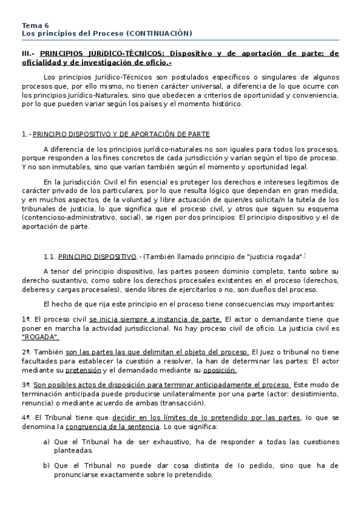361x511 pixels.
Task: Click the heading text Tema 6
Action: point(36,25)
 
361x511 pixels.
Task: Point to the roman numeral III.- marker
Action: point(28,54)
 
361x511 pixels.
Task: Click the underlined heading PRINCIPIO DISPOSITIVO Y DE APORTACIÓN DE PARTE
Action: point(121,134)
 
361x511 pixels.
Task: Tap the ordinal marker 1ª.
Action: point(25,319)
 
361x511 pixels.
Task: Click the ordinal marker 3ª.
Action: point(25,384)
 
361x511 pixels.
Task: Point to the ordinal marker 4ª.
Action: point(25,416)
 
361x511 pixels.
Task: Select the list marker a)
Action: point(46,442)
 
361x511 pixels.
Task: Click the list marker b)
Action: point(46,466)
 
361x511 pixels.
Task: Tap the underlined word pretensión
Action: point(83,370)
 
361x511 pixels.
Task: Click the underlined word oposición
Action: point(219,370)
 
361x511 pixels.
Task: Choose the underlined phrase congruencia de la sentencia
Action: point(121,426)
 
